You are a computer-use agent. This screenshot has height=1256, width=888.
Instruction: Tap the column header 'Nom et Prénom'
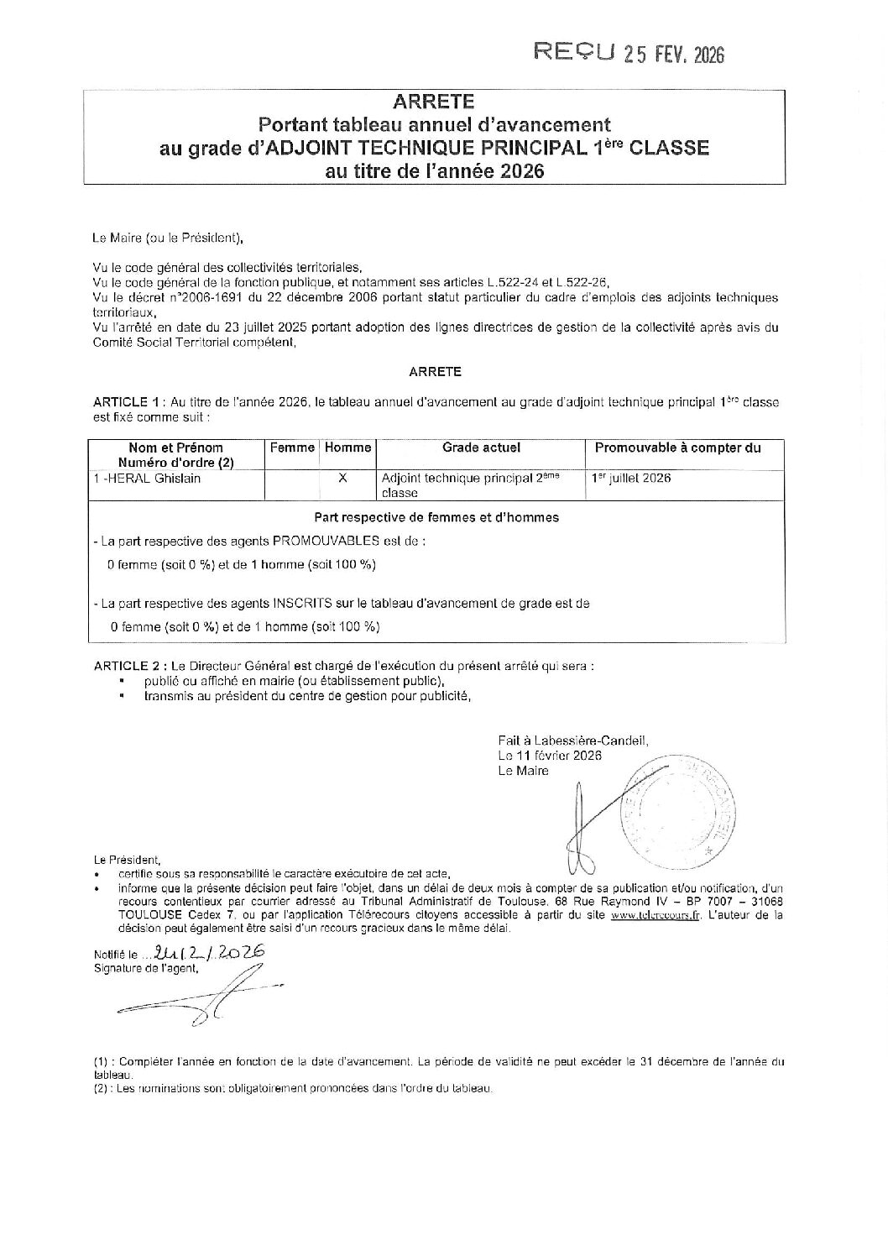click(175, 447)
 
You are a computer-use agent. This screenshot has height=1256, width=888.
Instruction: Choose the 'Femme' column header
click(292, 448)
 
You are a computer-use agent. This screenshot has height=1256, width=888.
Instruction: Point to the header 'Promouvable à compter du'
click(677, 448)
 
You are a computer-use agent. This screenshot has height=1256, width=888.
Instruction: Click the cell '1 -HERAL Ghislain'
click(147, 479)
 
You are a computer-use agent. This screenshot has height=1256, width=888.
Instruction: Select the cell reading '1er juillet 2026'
click(630, 479)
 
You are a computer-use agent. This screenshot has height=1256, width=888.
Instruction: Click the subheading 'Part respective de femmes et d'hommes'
click(436, 517)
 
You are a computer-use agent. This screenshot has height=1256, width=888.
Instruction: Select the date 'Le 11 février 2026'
click(550, 755)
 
